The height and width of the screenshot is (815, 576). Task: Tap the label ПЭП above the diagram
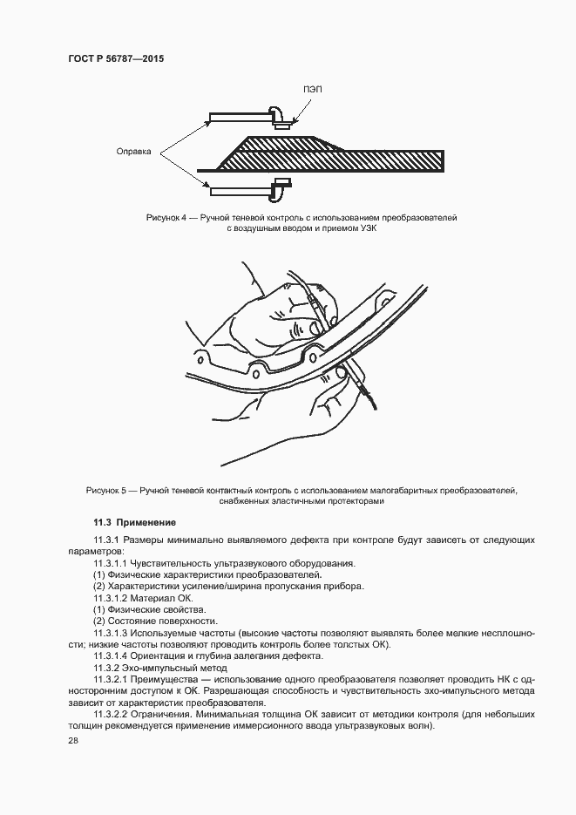[313, 90]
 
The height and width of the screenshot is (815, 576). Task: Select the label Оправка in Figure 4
[134, 151]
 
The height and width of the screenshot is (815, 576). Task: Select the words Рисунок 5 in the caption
[107, 491]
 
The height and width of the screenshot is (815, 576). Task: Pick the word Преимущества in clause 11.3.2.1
[175, 678]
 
